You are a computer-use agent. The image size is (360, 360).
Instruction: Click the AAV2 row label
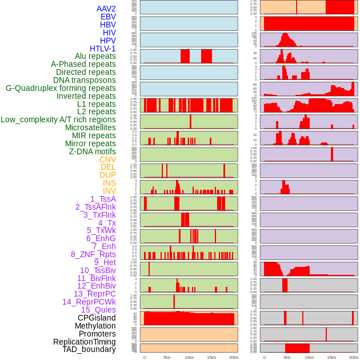tap(106, 9)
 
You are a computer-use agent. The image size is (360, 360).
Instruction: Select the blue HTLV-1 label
tap(102, 49)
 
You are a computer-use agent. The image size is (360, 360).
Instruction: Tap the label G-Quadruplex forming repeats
tap(61, 88)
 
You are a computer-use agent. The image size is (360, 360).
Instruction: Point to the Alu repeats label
tap(95, 56)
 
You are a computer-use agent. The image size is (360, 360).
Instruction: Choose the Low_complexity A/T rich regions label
tap(58, 119)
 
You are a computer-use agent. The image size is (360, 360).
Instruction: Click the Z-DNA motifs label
tap(92, 151)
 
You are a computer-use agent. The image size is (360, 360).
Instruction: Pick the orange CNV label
tap(107, 159)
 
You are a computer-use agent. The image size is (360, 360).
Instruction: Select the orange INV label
tap(109, 191)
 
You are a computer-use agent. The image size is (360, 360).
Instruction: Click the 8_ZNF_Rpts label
tap(93, 254)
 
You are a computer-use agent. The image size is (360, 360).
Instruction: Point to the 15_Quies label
tap(98, 310)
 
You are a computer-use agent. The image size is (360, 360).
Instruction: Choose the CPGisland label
tap(97, 318)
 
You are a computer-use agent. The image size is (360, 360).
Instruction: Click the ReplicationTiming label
tap(85, 342)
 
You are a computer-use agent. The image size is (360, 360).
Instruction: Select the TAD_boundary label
tap(89, 349)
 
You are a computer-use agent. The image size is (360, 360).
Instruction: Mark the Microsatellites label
tap(90, 127)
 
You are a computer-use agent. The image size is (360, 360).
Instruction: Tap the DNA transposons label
tap(85, 80)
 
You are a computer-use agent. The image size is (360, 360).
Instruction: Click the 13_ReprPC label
tap(94, 294)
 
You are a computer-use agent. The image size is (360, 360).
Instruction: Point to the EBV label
tap(108, 17)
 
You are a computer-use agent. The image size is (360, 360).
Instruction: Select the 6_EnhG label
tap(101, 238)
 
